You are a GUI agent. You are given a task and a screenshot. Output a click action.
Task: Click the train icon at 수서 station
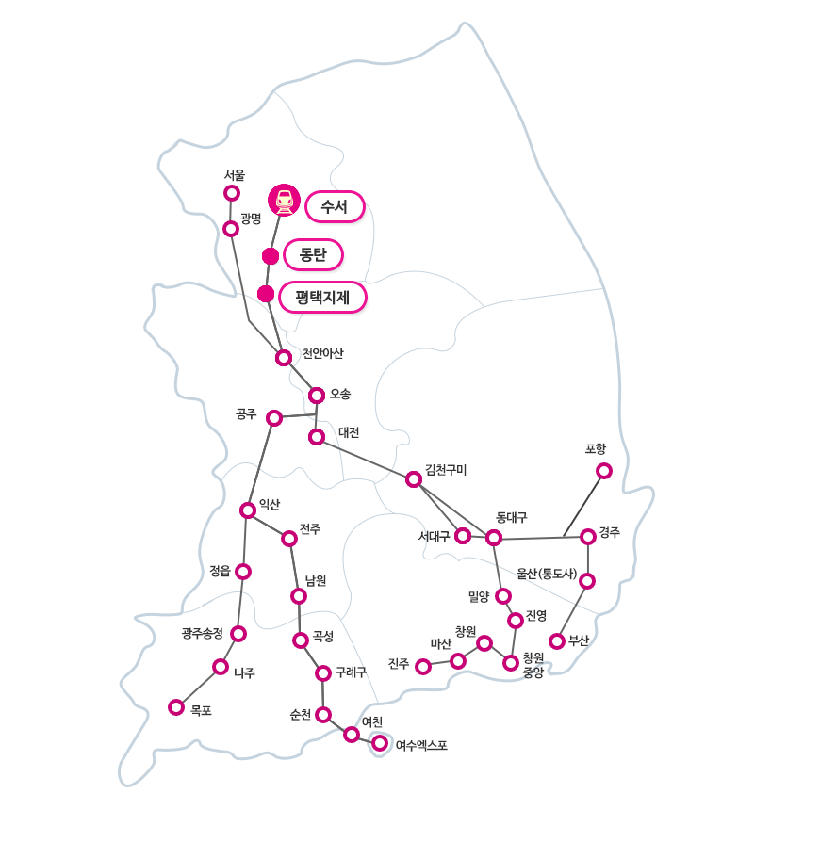(284, 201)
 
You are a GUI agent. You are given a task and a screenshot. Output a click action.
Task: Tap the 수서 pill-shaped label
(335, 207)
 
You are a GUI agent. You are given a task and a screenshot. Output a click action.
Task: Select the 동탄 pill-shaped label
(313, 254)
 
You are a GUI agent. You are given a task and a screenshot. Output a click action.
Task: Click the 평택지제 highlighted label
(322, 297)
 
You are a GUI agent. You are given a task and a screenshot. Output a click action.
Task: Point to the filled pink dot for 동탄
(271, 256)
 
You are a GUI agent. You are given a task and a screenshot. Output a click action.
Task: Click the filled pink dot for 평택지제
(266, 294)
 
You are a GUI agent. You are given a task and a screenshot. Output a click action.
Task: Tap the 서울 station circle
(232, 193)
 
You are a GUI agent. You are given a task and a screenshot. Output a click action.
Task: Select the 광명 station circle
(231, 229)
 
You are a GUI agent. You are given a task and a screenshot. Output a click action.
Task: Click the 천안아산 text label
(322, 353)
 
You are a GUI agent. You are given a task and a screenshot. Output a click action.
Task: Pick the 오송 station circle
(317, 396)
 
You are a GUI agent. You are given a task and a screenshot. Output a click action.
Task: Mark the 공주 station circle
(274, 418)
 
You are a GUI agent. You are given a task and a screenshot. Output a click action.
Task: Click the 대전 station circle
(317, 437)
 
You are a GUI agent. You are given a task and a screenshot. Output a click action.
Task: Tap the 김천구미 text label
(446, 470)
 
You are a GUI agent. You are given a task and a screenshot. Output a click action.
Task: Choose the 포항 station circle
(604, 471)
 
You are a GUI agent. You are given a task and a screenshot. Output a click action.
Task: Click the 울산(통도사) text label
(547, 574)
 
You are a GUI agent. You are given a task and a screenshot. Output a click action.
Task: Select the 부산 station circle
(557, 640)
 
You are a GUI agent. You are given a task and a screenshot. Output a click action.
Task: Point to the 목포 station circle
(176, 707)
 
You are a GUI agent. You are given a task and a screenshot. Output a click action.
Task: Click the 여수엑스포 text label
(421, 745)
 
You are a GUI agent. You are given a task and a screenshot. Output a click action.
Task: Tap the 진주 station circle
(423, 667)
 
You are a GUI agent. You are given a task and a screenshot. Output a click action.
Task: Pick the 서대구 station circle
(463, 535)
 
